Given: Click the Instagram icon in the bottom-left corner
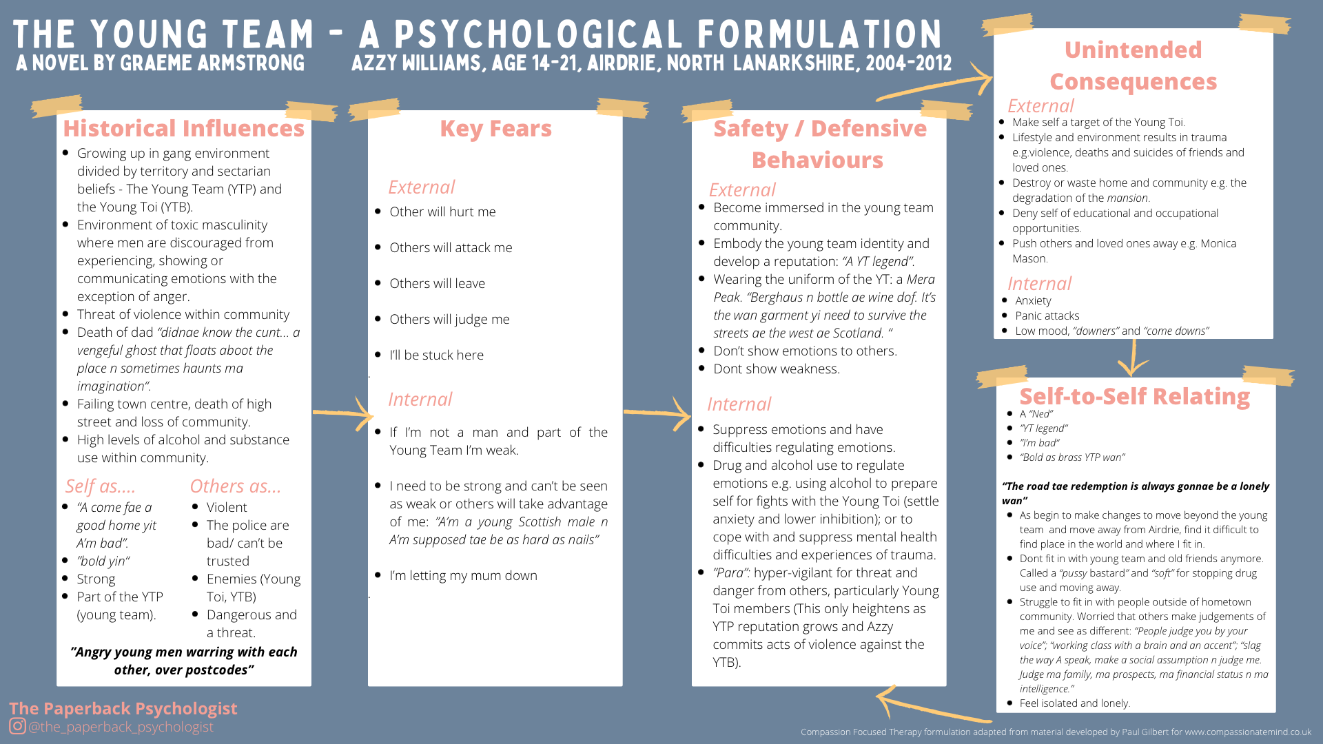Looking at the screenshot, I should (17, 726).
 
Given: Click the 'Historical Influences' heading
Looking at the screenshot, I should (183, 129).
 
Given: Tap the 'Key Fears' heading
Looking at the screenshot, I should (495, 129).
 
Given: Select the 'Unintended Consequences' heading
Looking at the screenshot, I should (1133, 65).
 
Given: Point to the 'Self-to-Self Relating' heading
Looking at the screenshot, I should (1134, 397).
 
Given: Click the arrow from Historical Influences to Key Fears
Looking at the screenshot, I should (343, 413).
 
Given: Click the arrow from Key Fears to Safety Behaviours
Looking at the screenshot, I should (657, 413).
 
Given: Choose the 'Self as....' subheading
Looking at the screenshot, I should (100, 486).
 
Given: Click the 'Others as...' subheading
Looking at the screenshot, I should (235, 486).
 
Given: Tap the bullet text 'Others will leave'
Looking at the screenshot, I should (437, 284).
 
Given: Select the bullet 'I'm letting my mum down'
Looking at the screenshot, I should (463, 576).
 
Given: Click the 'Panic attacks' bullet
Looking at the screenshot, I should (1047, 316).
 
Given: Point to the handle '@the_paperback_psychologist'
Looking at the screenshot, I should (121, 727).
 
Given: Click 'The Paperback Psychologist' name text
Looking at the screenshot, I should (123, 708).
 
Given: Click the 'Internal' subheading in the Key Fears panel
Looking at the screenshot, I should (420, 400).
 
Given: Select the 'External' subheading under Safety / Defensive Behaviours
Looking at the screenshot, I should (741, 190).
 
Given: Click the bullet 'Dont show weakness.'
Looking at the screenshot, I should (776, 369).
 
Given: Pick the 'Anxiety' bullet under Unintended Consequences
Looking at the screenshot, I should (1033, 301).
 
